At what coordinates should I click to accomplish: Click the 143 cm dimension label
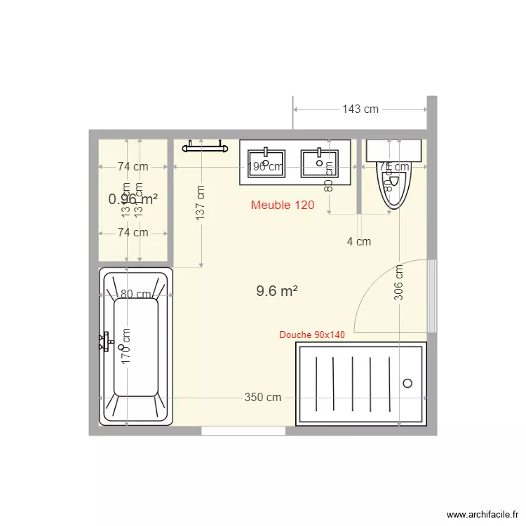coord(360,109)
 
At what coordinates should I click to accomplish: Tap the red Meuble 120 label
coord(283,205)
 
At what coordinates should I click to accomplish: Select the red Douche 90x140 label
coord(312,335)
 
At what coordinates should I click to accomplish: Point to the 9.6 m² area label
coord(278,291)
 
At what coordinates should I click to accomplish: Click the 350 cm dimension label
coord(263,397)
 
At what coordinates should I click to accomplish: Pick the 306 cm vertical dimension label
coord(398,283)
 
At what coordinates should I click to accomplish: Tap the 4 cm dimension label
coord(359,241)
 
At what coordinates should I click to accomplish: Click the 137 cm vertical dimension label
coord(201,203)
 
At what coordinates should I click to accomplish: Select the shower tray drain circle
coord(407,383)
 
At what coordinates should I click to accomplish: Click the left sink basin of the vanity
coord(265,163)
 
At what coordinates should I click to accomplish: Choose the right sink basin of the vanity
coord(319,163)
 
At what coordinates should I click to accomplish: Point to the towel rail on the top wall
coord(205,147)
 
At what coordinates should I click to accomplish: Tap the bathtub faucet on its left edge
coord(106,342)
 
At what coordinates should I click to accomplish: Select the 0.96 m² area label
coord(133,199)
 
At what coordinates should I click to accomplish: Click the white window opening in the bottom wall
coord(243,431)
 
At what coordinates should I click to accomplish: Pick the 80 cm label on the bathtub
coord(136,295)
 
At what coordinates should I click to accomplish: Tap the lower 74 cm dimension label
coord(133,232)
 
